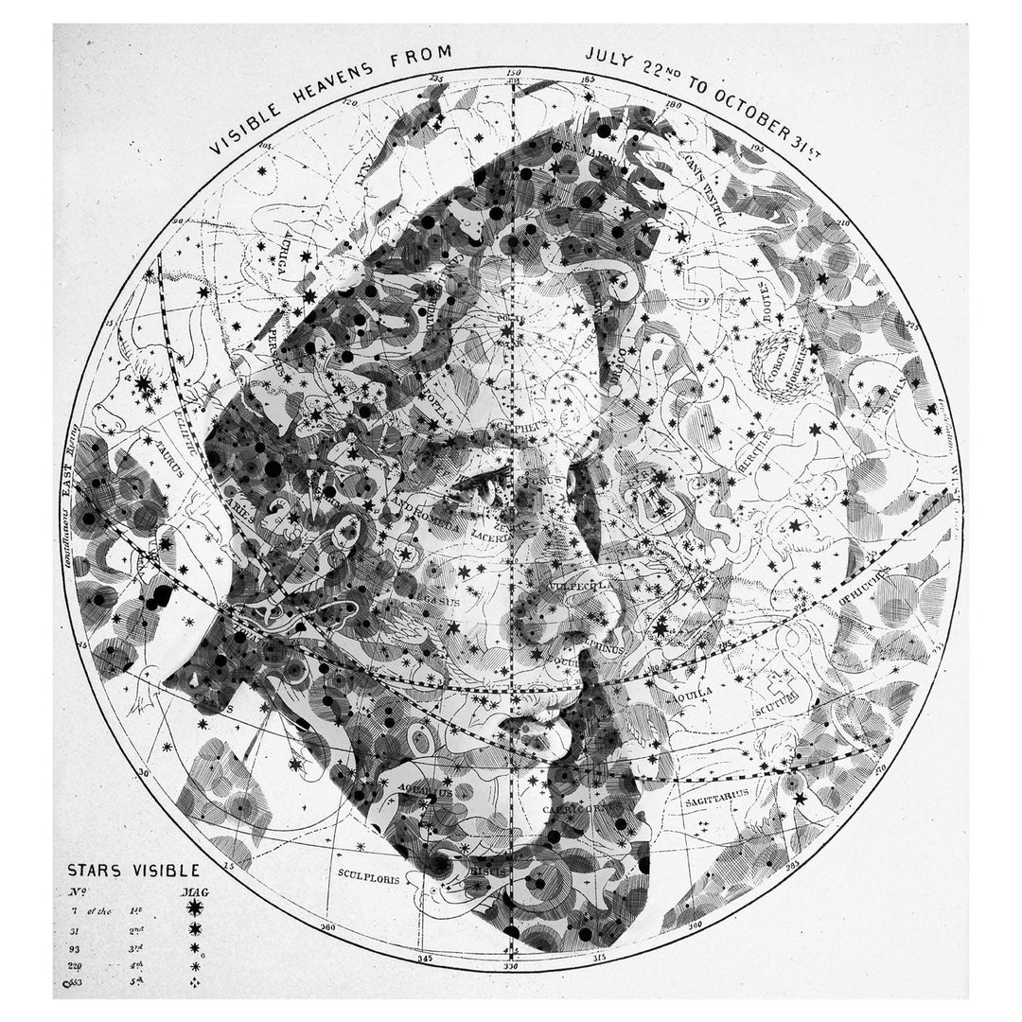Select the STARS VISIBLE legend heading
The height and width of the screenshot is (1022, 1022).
(132, 872)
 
